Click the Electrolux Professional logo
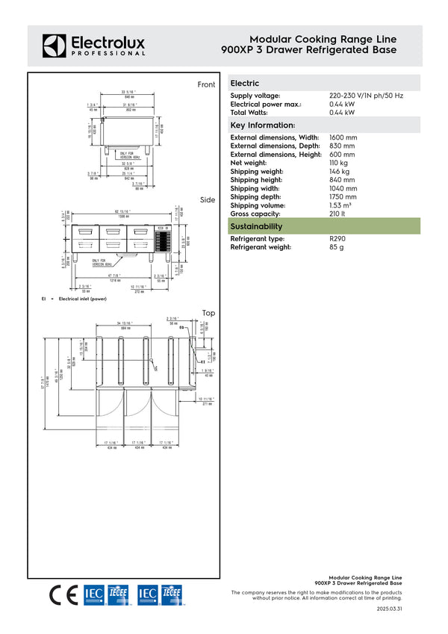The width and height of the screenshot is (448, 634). coord(93,45)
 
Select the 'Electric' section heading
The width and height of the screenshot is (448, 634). coord(245,84)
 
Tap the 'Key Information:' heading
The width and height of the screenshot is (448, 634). coord(263,125)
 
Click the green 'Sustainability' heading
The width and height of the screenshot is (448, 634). coord(256,226)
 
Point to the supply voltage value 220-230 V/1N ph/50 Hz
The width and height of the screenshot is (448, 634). coord(366,96)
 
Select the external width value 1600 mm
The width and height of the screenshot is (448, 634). coord(343,138)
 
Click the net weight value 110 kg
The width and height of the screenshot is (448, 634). coord(338,163)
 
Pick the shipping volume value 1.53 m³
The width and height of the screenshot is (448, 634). coord(342,205)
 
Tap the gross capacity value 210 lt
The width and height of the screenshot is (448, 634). coord(337,214)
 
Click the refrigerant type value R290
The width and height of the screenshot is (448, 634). coord(337,239)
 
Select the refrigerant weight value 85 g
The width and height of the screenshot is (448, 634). coord(336,247)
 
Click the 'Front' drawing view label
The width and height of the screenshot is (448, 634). coord(206,85)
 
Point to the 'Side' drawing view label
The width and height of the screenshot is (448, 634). coord(208,200)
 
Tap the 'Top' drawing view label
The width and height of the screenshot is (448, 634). coord(208,313)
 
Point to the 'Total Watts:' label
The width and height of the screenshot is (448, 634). coord(251,113)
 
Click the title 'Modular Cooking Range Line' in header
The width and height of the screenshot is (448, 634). coord(323,40)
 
